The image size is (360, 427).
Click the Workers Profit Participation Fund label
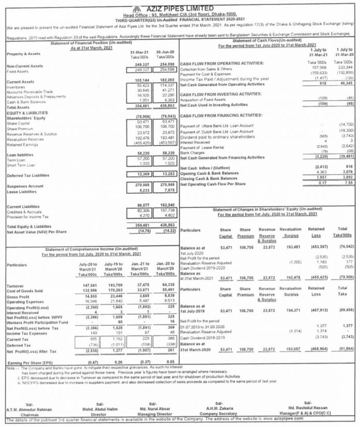(x=40, y=321)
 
